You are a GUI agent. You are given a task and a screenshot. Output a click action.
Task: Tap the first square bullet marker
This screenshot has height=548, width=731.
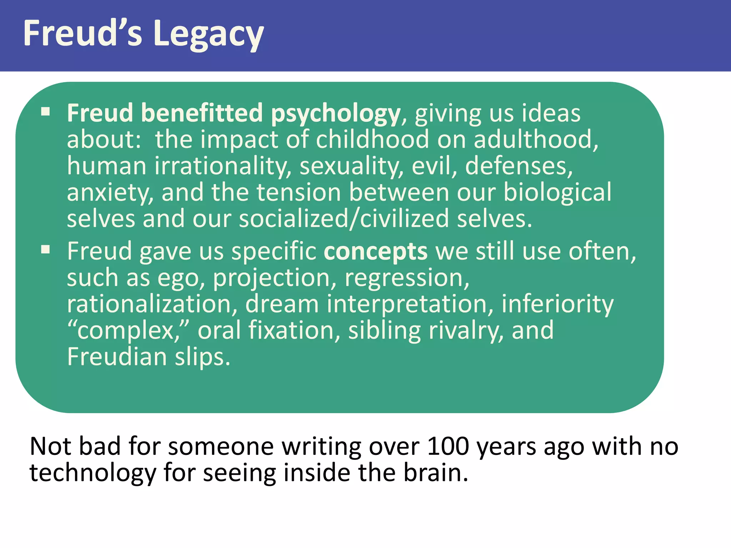[x=45, y=112]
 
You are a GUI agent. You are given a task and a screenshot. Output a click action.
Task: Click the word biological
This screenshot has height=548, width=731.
[x=557, y=193]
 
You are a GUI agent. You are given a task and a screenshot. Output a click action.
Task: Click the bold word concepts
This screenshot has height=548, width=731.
[x=375, y=252]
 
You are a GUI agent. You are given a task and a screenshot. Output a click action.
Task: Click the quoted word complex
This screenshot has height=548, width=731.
[x=125, y=331]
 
